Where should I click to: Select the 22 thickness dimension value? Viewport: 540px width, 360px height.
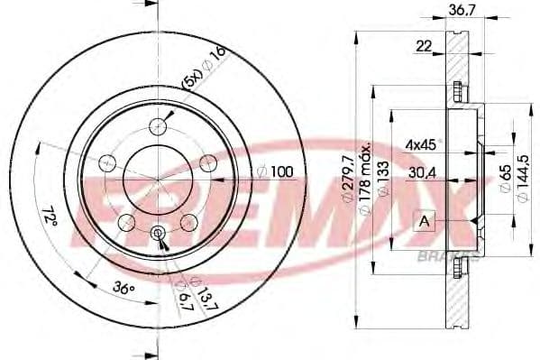click(423, 47)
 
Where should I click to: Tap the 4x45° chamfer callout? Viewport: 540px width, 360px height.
click(421, 143)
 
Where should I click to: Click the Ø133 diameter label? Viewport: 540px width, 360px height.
click(384, 180)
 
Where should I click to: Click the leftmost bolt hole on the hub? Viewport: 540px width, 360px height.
click(107, 163)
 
